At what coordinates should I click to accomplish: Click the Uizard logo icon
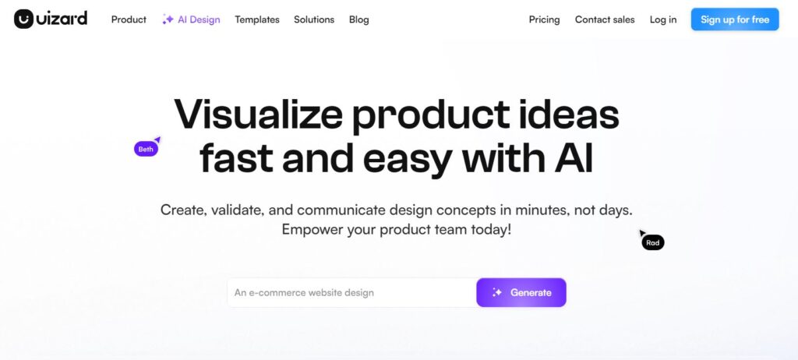[23, 19]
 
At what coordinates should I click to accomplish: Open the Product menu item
[129, 19]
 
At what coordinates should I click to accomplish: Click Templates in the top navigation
[257, 19]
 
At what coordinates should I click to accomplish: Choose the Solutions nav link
[314, 19]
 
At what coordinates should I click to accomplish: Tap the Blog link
[358, 19]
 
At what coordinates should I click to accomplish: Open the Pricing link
[544, 19]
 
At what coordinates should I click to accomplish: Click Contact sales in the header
[605, 19]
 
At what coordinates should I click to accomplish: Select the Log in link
[663, 19]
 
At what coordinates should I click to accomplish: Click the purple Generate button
[521, 292]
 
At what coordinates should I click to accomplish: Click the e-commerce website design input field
[351, 292]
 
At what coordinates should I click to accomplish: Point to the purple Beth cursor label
[146, 149]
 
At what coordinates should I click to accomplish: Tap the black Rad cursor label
[653, 243]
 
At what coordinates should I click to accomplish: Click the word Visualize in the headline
[259, 115]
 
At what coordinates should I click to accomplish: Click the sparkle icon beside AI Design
[168, 19]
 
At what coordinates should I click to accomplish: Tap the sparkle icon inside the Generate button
[497, 292]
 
